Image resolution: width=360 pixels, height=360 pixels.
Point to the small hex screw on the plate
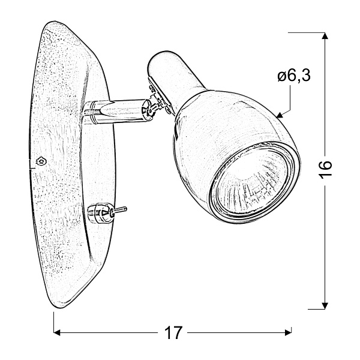[40, 161]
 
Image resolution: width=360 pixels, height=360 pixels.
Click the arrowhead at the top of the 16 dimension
[325, 37]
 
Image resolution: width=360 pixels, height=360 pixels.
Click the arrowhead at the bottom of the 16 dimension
[325, 304]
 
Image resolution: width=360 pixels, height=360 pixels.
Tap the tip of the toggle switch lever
[125, 209]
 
